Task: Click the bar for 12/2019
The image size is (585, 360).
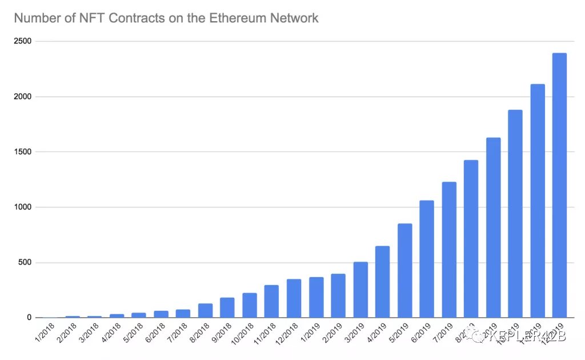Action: tap(559, 185)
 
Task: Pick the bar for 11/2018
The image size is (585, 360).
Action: tap(271, 301)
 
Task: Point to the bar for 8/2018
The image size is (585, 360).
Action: tap(205, 310)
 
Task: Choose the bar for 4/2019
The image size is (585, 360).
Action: tap(382, 282)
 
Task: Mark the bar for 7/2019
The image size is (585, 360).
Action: tap(448, 250)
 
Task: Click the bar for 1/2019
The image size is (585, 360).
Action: tap(316, 297)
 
